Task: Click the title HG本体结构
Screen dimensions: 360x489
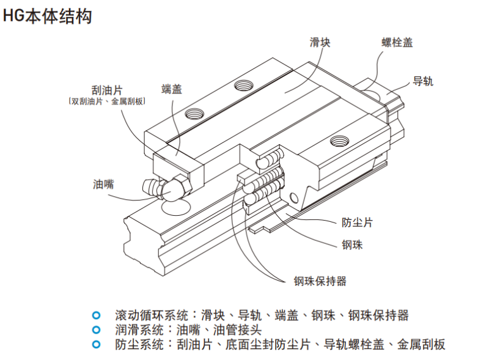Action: pyautogui.click(x=48, y=17)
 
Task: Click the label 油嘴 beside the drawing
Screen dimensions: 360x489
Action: pyautogui.click(x=103, y=183)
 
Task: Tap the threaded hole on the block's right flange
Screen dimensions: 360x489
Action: pyautogui.click(x=337, y=142)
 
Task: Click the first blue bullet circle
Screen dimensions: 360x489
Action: pyautogui.click(x=95, y=316)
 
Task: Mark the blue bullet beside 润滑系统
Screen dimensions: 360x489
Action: pyautogui.click(x=95, y=330)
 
